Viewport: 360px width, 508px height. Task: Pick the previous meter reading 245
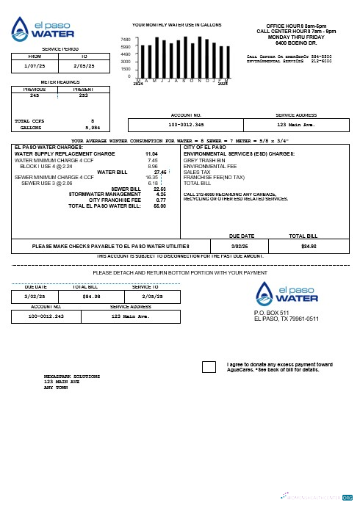(x=35, y=95)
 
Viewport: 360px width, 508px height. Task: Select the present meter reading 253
(x=83, y=95)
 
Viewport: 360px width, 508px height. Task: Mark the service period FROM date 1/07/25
(x=35, y=65)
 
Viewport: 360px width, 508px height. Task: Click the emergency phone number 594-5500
(x=320, y=56)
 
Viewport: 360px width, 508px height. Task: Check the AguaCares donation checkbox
(x=209, y=367)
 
